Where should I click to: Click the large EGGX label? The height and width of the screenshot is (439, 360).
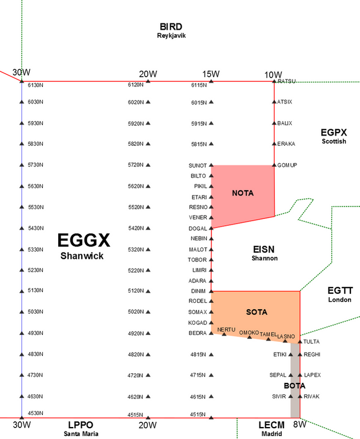coord(83,241)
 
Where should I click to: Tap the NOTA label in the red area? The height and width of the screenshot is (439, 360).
coord(242,193)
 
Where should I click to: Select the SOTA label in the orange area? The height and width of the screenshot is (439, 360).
coord(257,312)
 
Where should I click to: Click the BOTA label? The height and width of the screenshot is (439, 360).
coord(294,386)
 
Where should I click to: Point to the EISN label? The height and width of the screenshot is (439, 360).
coord(264,249)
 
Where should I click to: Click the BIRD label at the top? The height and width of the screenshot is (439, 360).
coord(171,27)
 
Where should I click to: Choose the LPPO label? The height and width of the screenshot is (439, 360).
coord(80,425)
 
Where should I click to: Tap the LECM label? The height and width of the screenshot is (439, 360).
coord(271,425)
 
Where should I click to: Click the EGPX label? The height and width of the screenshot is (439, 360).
coord(334,132)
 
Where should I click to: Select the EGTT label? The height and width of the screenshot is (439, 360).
coord(340,291)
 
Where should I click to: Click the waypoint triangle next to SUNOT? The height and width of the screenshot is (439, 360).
coord(211,165)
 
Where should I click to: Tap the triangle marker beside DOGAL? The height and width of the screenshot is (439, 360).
coord(211,228)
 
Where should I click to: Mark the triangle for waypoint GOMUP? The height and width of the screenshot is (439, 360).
coord(274,165)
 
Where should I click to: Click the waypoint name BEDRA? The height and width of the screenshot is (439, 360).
coord(198,333)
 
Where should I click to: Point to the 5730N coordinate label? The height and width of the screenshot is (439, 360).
coord(35,165)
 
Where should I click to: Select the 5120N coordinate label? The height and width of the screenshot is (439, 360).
coord(135,291)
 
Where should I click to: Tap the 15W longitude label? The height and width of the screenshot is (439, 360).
coord(211,74)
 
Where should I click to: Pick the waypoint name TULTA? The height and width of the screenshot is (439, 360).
coord(311,342)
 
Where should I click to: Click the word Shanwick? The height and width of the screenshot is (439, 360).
coord(82,256)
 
